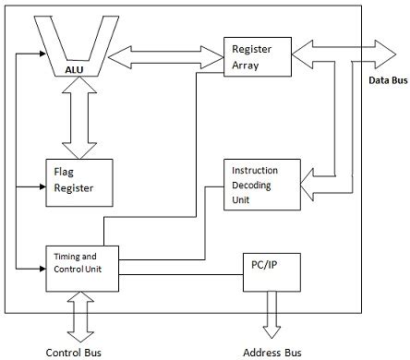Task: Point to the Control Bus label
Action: (x=74, y=352)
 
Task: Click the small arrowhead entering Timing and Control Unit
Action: (x=41, y=269)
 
